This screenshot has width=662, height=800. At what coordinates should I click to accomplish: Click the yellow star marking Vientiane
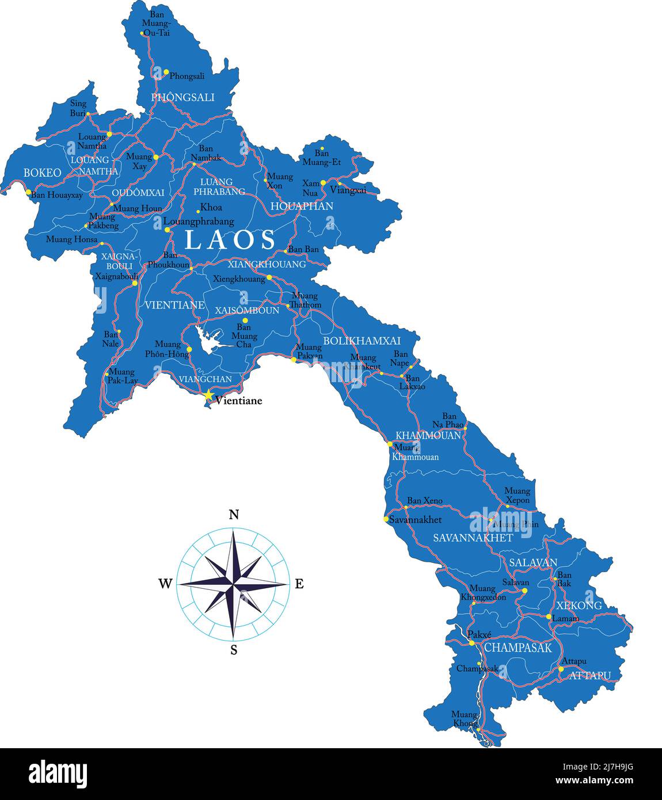pyautogui.click(x=208, y=395)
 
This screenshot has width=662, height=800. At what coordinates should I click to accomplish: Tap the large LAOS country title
pyautogui.click(x=230, y=239)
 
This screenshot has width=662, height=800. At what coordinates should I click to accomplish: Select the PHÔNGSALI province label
pyautogui.click(x=182, y=97)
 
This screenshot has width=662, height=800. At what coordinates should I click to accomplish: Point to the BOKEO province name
pyautogui.click(x=42, y=173)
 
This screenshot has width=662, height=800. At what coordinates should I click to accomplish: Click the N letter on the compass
pyautogui.click(x=234, y=515)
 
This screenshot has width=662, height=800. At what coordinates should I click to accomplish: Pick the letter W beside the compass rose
pyautogui.click(x=165, y=584)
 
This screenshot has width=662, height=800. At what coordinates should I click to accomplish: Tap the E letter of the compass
pyautogui.click(x=299, y=584)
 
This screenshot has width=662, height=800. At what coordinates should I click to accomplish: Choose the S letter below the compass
pyautogui.click(x=234, y=650)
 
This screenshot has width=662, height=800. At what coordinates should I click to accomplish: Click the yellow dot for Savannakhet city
pyautogui.click(x=386, y=519)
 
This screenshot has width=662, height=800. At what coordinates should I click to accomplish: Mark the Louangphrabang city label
pyautogui.click(x=199, y=222)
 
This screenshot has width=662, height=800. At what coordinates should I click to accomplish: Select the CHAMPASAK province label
pyautogui.click(x=518, y=647)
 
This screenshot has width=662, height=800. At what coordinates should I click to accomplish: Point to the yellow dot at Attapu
pyautogui.click(x=561, y=669)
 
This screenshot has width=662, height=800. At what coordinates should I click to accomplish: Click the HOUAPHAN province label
pyautogui.click(x=302, y=206)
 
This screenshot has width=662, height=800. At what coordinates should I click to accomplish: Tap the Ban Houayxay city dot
pyautogui.click(x=28, y=192)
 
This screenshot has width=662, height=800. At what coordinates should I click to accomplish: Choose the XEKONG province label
pyautogui.click(x=579, y=605)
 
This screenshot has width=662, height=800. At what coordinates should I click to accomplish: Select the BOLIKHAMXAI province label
pyautogui.click(x=362, y=341)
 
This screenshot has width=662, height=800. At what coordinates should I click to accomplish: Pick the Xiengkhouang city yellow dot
pyautogui.click(x=269, y=277)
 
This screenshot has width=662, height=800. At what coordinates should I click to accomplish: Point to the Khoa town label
pyautogui.click(x=211, y=208)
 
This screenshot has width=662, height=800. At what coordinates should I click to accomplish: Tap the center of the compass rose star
pyautogui.click(x=234, y=584)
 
